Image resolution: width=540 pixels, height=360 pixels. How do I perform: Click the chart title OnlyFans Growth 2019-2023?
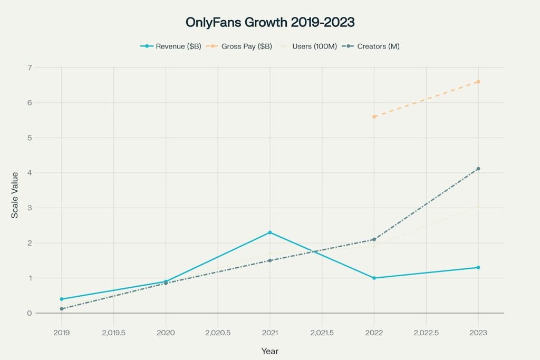[269, 23]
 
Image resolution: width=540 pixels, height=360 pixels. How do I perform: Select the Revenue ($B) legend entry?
[171, 46]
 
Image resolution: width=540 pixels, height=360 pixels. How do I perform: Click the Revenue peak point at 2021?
[270, 232]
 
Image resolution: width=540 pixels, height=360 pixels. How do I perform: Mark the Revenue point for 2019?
[62, 299]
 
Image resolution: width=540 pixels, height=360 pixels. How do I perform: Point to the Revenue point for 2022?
[374, 278]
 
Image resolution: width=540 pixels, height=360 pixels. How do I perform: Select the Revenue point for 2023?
[478, 267]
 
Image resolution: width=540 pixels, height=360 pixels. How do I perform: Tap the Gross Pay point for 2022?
[374, 116]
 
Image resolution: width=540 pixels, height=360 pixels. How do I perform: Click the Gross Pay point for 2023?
[478, 82]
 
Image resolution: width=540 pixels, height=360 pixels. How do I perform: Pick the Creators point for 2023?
[478, 169]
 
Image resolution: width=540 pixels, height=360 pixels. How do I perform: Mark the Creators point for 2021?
[270, 260]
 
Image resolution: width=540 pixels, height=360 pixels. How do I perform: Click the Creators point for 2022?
[374, 239]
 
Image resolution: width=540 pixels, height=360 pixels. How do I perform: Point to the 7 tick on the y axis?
[30, 67]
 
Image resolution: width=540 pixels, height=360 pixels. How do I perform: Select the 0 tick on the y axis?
[30, 313]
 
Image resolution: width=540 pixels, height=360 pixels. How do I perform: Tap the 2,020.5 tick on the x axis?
[218, 333]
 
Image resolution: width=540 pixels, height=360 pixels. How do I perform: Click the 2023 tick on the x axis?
[478, 333]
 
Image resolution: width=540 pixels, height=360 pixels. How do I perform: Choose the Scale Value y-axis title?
[15, 195]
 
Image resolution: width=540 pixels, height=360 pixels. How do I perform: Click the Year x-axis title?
[269, 351]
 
